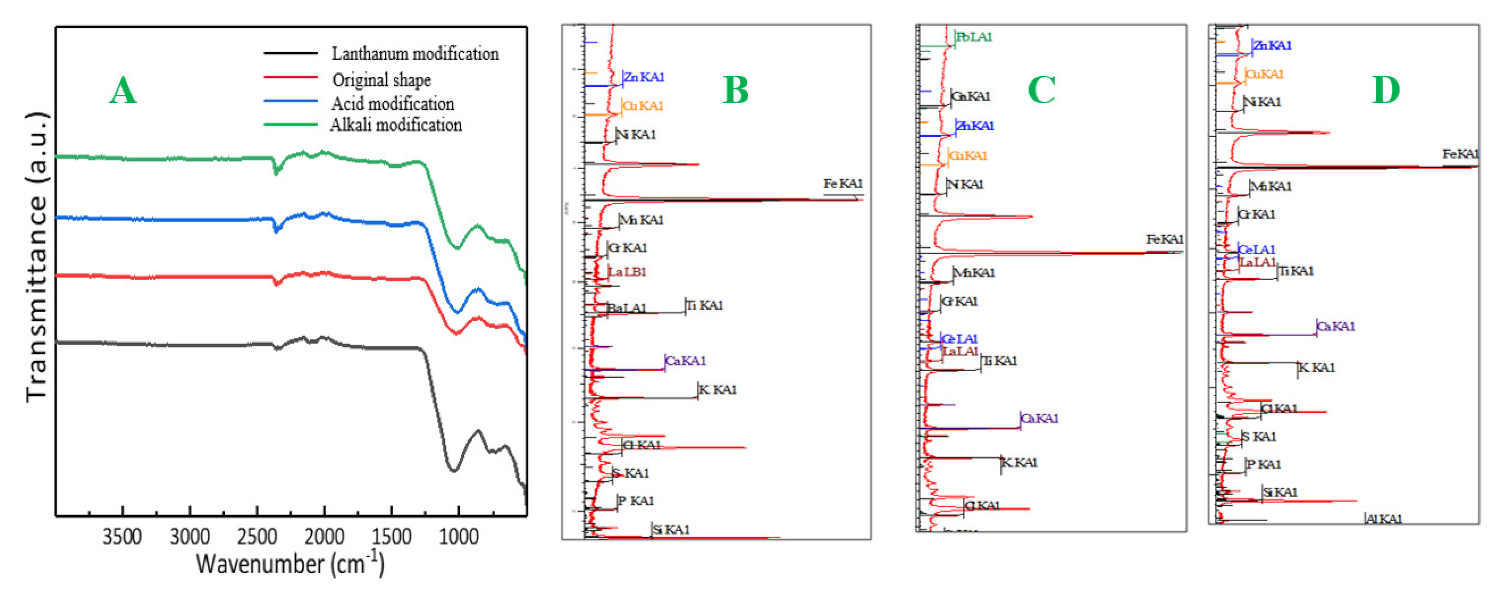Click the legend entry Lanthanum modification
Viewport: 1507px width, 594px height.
[x=415, y=54]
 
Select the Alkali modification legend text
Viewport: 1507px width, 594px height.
[x=396, y=125]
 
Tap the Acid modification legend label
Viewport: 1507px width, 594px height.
[x=393, y=104]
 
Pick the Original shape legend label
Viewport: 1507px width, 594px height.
[x=381, y=79]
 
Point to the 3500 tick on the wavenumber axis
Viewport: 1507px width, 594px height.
[x=122, y=536]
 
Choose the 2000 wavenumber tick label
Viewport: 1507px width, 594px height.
[x=324, y=536]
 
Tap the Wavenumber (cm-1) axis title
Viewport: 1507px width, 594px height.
[x=290, y=564]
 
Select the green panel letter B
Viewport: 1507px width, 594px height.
[x=735, y=91]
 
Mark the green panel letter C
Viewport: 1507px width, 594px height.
[x=1041, y=91]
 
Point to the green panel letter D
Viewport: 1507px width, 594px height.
[x=1385, y=91]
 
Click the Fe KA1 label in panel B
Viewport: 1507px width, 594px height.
[x=842, y=184]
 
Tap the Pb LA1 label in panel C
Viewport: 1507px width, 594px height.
[x=974, y=37]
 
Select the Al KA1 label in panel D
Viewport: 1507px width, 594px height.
[x=1384, y=519]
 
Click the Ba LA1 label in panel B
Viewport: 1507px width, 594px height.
[x=626, y=308]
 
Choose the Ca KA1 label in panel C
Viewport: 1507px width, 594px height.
[x=1039, y=418]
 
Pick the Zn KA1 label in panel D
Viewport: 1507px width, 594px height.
[x=1272, y=45]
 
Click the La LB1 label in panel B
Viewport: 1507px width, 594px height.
[x=626, y=271]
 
